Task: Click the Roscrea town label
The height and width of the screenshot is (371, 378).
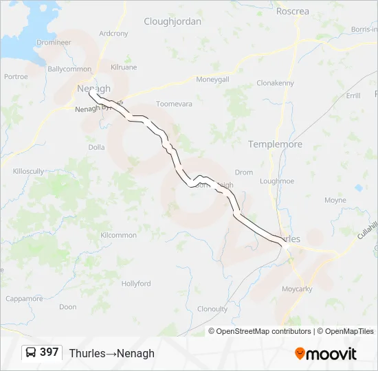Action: click(x=292, y=11)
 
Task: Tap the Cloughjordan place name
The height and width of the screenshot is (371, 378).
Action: click(x=173, y=21)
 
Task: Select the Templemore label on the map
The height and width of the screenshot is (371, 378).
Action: click(x=275, y=144)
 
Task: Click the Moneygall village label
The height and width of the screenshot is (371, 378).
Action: click(x=212, y=79)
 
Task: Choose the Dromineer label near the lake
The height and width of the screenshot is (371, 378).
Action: click(x=54, y=42)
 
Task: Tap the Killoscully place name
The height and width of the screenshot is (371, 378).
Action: click(x=27, y=170)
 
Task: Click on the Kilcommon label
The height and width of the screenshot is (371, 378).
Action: click(x=118, y=235)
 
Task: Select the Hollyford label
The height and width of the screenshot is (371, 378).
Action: click(x=136, y=283)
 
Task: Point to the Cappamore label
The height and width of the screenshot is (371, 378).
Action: click(x=24, y=298)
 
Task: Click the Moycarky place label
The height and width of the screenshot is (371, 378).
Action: click(x=297, y=289)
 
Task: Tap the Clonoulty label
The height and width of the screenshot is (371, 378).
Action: click(x=212, y=309)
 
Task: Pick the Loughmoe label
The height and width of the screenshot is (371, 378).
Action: click(x=277, y=181)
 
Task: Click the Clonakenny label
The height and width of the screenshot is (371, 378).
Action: click(x=275, y=83)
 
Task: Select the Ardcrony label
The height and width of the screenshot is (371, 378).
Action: click(x=113, y=33)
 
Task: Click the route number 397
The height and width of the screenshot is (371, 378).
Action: click(x=49, y=352)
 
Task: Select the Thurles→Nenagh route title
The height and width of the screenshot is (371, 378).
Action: click(x=111, y=353)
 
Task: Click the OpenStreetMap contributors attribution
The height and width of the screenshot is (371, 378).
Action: click(x=260, y=331)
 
